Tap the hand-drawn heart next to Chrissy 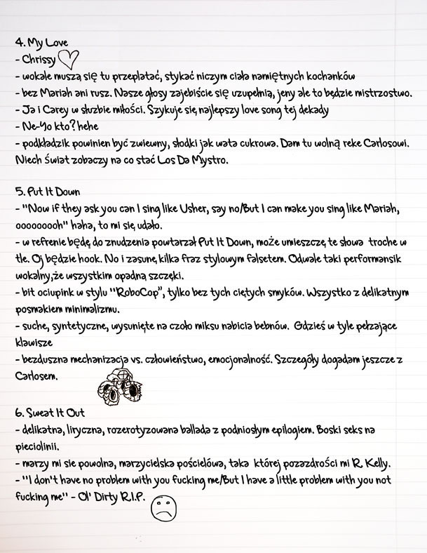tap(69, 60)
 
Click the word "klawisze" tap(32, 343)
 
